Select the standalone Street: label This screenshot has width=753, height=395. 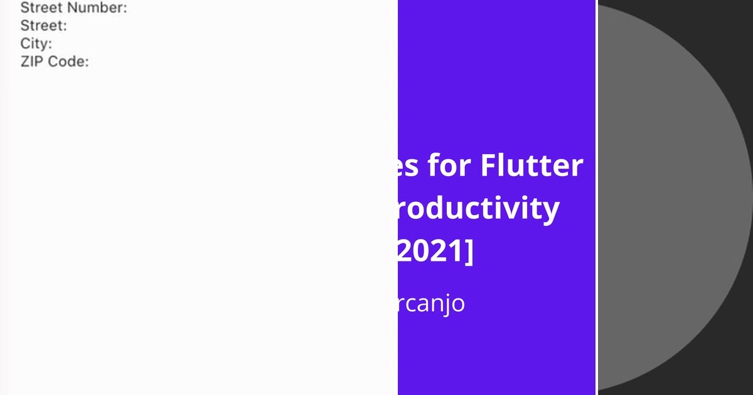[43, 26]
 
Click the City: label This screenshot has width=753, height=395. [36, 44]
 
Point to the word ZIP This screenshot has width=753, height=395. [32, 61]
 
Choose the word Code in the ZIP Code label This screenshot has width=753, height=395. [68, 61]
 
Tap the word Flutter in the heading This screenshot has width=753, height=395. [532, 166]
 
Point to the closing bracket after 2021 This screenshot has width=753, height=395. [469, 253]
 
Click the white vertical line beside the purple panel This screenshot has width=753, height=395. [597, 197]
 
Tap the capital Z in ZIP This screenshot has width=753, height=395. [25, 61]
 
